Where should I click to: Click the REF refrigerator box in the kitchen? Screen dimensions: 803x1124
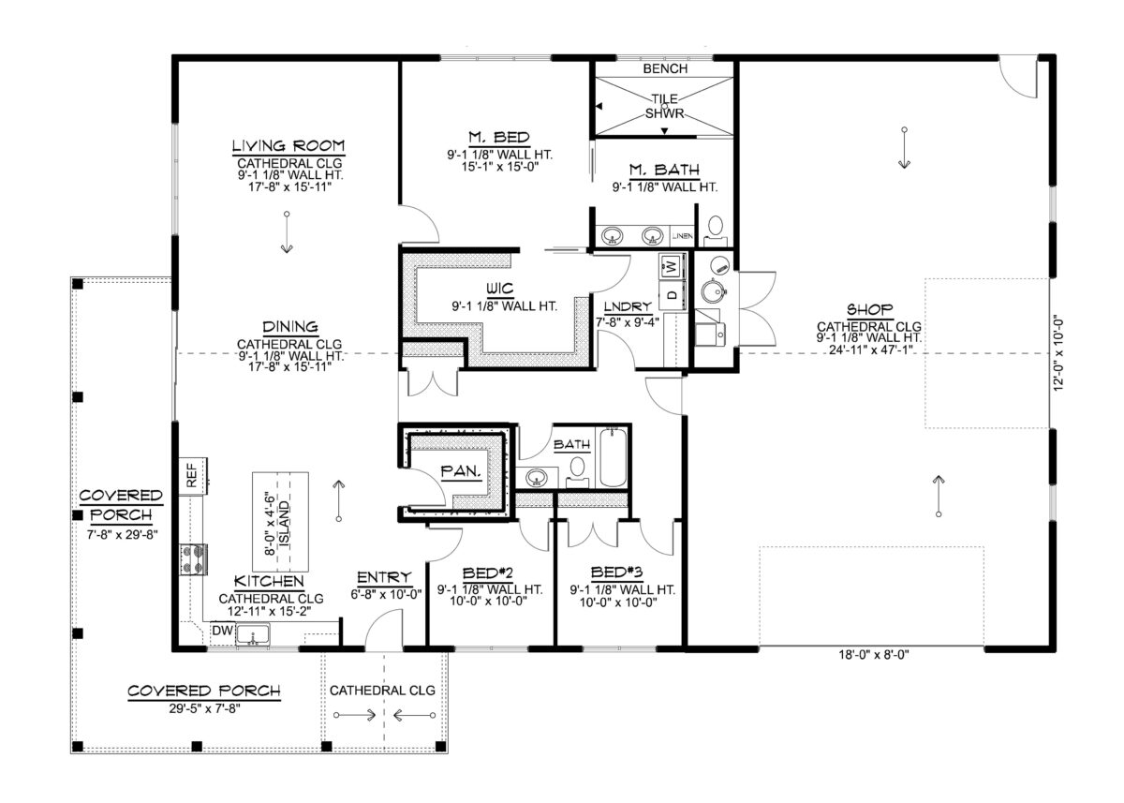pos(192,475)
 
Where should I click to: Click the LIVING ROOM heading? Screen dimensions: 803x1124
pos(288,145)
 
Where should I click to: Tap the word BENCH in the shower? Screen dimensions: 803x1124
pos(665,68)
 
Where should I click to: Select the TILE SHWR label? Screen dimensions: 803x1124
pos(665,105)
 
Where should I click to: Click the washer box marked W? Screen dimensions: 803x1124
pos(672,265)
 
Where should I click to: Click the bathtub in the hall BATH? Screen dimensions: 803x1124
pos(614,457)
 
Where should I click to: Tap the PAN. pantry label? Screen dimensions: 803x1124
pos(463,472)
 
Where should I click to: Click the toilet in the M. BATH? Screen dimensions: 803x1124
pos(717,225)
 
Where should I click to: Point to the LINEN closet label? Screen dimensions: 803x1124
pos(684,236)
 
